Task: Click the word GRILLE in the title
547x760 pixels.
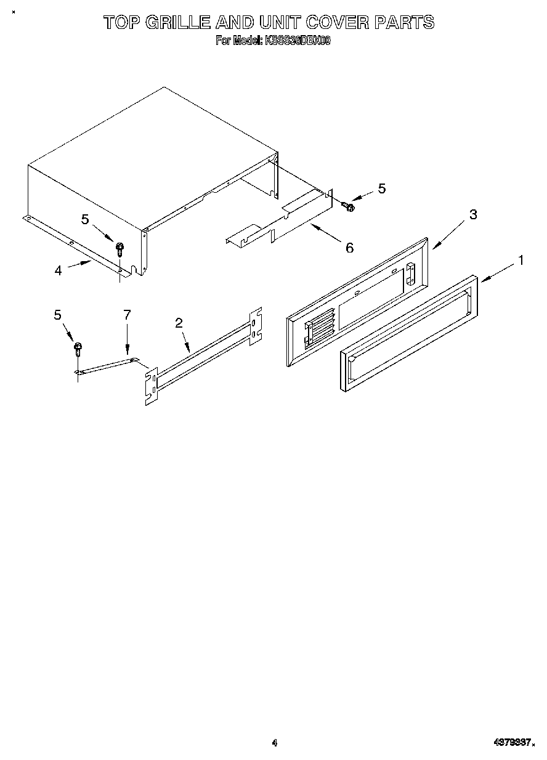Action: tap(172, 23)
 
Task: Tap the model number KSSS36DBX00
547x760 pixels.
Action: tap(298, 41)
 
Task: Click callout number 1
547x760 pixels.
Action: tap(521, 260)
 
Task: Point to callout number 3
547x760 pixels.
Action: tap(473, 214)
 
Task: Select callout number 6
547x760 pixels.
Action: tap(349, 247)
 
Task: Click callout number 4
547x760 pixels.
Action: tap(58, 270)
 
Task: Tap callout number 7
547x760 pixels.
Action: tap(127, 315)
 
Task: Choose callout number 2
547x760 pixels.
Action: tap(179, 322)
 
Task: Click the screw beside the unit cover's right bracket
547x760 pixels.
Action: tap(349, 207)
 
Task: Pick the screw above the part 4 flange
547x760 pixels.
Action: tap(120, 249)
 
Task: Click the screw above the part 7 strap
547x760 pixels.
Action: tap(78, 349)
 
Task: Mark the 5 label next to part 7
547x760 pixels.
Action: tap(57, 315)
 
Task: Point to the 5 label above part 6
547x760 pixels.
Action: tap(382, 188)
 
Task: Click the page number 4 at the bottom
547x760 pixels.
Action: tap(275, 743)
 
